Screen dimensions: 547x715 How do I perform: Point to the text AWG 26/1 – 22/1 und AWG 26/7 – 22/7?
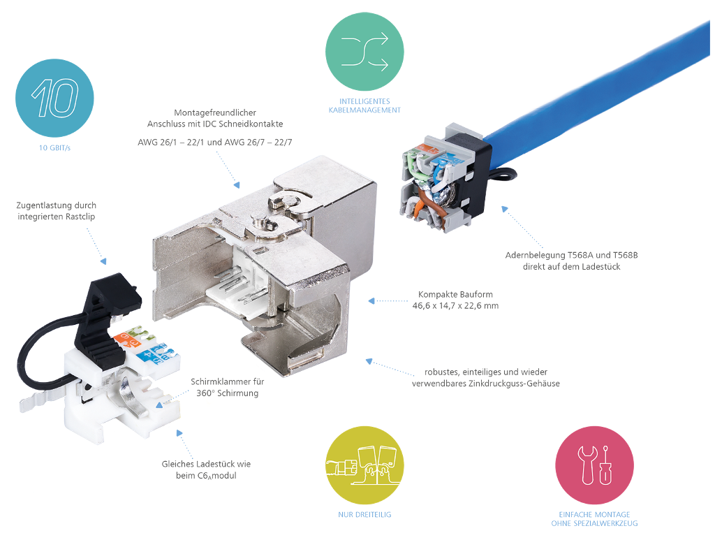click(x=215, y=143)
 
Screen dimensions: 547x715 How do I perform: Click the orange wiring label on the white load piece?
click(x=127, y=340)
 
